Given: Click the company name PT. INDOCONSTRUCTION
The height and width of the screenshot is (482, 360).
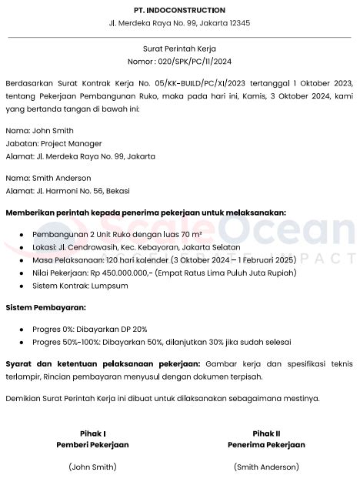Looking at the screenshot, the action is [x=179, y=10].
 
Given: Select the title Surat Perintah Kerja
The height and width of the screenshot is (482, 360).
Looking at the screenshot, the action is [x=179, y=48].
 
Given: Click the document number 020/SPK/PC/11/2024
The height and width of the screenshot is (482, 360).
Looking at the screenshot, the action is [x=194, y=60].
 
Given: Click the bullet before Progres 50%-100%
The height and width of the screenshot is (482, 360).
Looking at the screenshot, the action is [x=22, y=342].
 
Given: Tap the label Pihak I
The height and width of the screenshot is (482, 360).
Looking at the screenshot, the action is [x=92, y=433].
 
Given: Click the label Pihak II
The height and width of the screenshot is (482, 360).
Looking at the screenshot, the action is [x=266, y=433].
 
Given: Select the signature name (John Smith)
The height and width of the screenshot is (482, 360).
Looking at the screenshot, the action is [x=92, y=467].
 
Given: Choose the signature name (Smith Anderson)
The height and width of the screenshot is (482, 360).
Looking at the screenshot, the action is [x=266, y=467].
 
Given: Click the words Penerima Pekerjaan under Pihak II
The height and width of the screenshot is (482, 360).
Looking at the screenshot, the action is [x=266, y=445].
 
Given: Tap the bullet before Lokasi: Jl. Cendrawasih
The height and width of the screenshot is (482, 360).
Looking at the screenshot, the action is [x=22, y=247].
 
